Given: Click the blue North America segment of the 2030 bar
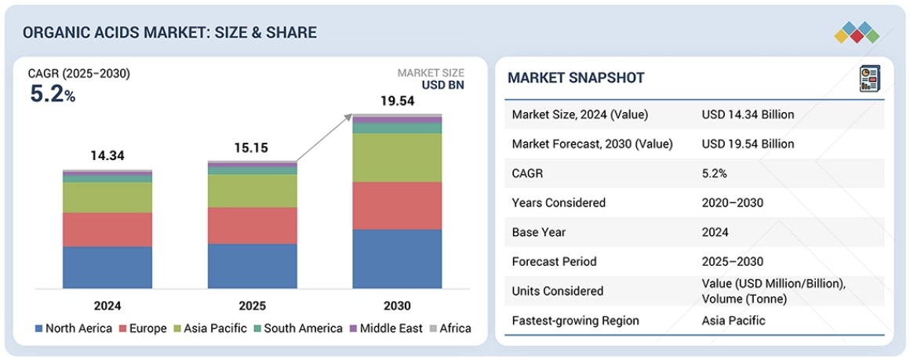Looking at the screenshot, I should click(397, 259).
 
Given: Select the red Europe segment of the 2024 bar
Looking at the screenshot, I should click(107, 229).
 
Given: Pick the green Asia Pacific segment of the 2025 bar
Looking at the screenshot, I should click(253, 191).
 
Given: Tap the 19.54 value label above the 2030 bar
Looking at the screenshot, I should click(397, 101).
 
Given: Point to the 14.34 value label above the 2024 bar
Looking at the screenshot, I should click(107, 156).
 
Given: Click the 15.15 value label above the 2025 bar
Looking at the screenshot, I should click(253, 148).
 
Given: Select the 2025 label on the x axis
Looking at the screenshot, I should click(253, 306).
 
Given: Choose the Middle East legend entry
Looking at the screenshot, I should click(386, 329).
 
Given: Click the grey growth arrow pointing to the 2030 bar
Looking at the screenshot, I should click(324, 139).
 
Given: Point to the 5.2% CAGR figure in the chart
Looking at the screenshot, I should click(53, 95).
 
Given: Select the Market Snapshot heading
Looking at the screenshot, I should click(576, 78).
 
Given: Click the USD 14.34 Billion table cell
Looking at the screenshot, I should click(748, 115).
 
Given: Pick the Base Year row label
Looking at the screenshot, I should click(538, 232).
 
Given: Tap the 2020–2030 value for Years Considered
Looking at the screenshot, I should click(732, 202).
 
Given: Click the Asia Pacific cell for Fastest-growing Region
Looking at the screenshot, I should click(733, 320).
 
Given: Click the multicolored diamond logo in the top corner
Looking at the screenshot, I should click(858, 32).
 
